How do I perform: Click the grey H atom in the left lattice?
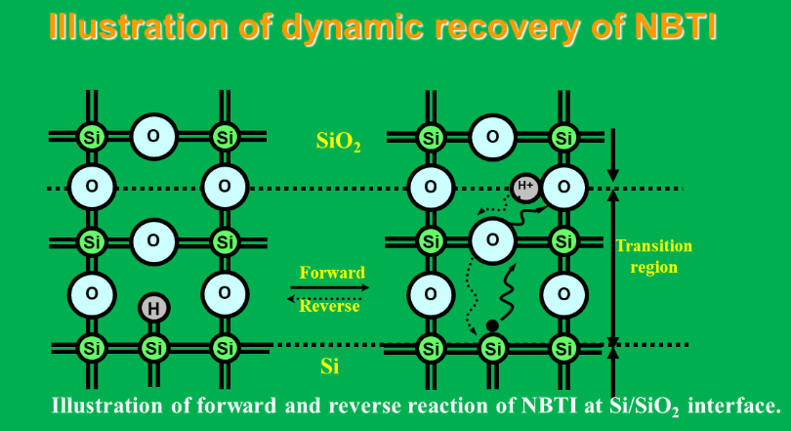[x=154, y=307]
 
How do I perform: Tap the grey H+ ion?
[x=525, y=188]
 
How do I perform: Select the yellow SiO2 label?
[x=339, y=142]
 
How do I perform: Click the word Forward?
[x=332, y=273]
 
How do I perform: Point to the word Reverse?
[x=329, y=306]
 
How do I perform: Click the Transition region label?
[x=653, y=256]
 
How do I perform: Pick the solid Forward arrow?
[x=330, y=287]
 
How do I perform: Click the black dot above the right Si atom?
[x=492, y=326]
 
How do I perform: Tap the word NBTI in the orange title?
[x=676, y=26]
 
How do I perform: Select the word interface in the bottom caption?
[x=734, y=406]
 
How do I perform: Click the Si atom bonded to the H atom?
[x=154, y=348]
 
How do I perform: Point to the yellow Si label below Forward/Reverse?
[x=329, y=366]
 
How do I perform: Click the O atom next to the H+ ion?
[x=564, y=188]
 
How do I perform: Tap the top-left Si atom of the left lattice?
[x=92, y=137]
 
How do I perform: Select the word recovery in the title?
[x=507, y=27]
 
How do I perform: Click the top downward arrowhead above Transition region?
[x=613, y=175]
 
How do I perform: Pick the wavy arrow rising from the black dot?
[x=507, y=291]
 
